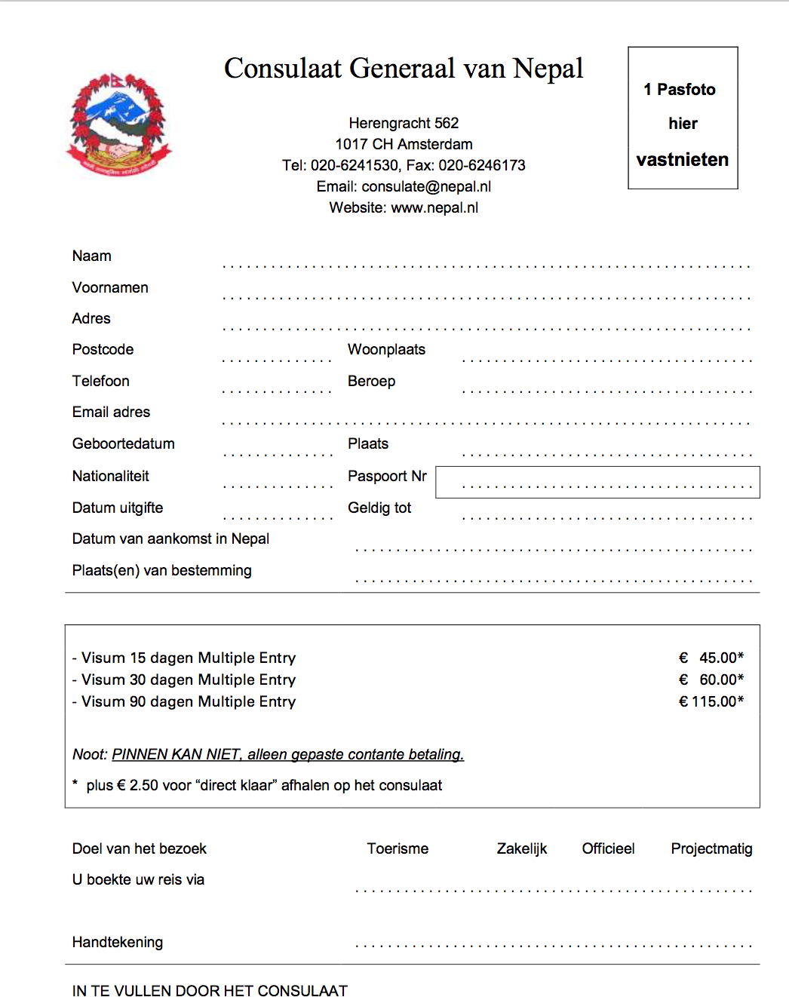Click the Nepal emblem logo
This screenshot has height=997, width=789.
[119, 125]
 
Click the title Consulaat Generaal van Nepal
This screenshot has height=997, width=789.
[404, 69]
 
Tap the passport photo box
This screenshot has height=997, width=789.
[683, 118]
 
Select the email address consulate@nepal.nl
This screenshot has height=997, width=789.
[426, 186]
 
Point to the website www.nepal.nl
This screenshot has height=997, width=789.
[434, 207]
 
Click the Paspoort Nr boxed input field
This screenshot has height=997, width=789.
[597, 482]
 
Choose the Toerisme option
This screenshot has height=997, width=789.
[398, 848]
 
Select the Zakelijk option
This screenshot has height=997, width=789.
[521, 848]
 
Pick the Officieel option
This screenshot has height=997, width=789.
[608, 848]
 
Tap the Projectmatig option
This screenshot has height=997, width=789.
[711, 848]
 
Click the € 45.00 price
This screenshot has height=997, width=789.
[711, 658]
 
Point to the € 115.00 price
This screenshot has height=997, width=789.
[711, 701]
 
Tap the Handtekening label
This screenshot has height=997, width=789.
[118, 942]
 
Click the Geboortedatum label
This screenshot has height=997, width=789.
[124, 443]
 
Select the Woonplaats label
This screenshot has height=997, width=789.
[386, 349]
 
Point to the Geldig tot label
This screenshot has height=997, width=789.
[379, 508]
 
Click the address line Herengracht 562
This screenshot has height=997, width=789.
[404, 123]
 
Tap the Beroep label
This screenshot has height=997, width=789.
[371, 381]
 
